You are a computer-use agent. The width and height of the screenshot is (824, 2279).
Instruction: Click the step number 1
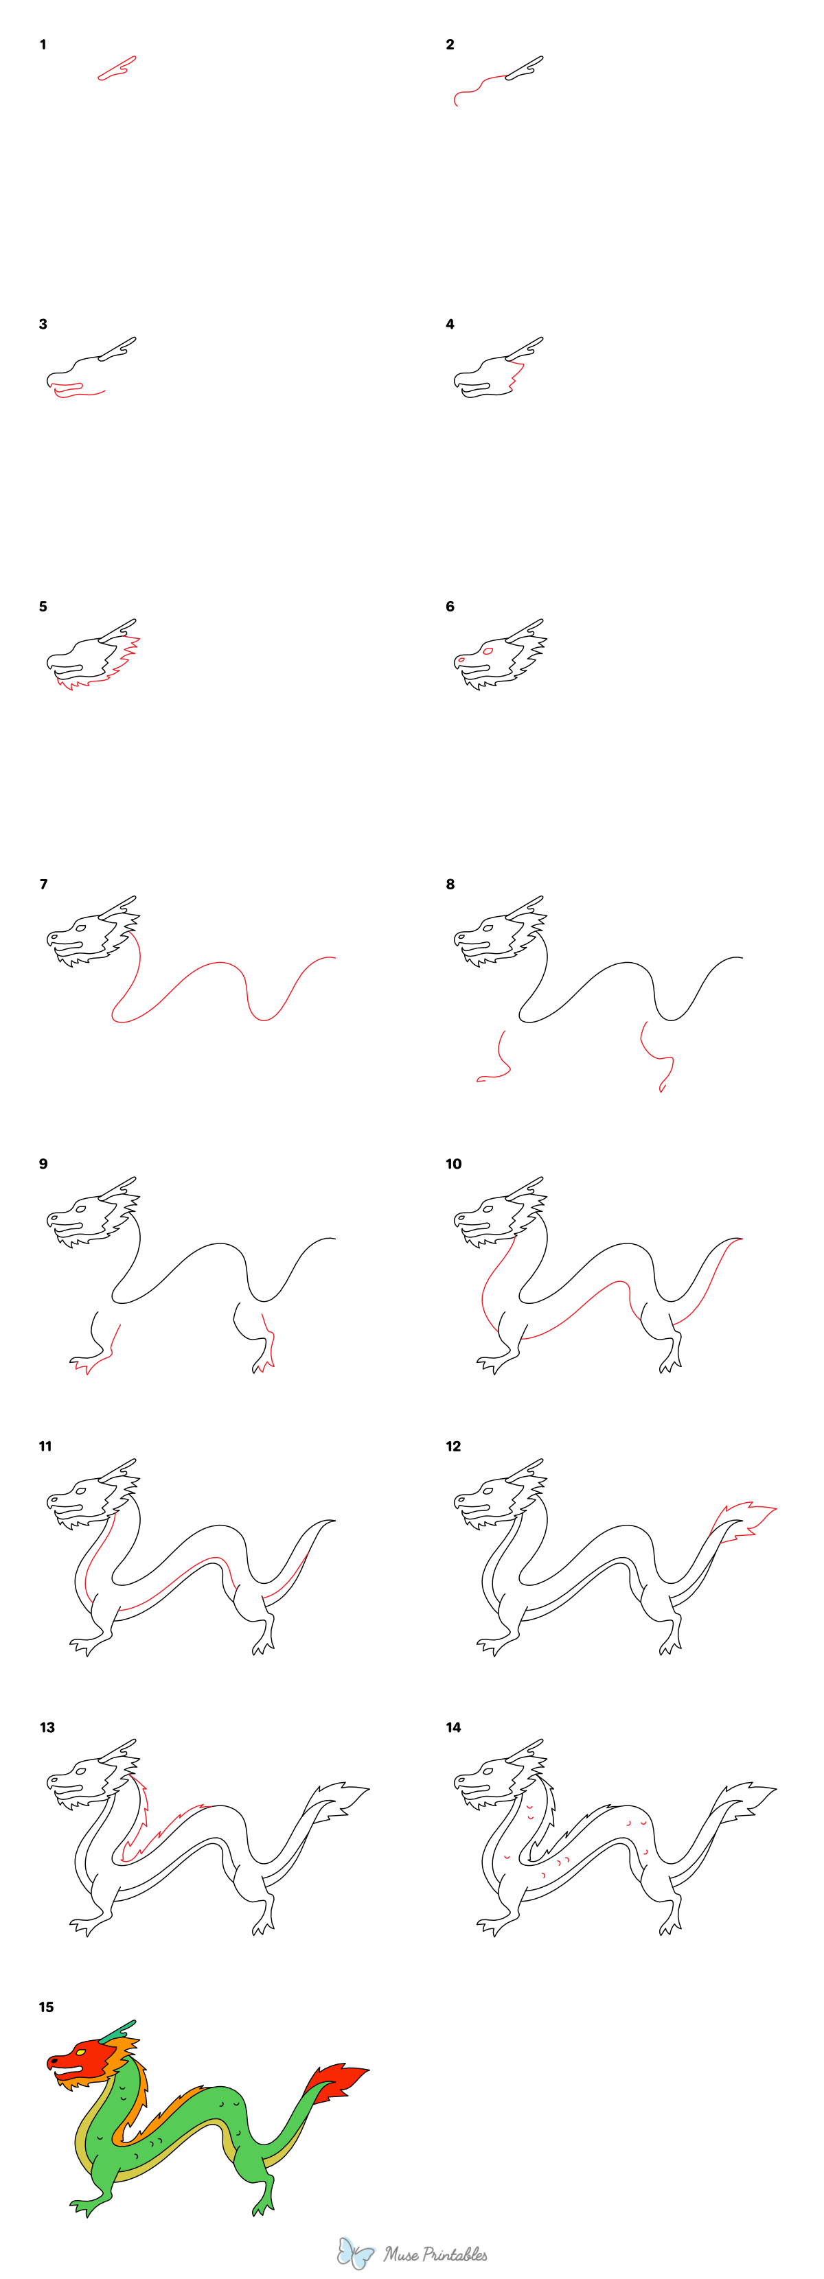click(43, 44)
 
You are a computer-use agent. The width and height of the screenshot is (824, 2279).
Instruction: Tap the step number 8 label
click(450, 884)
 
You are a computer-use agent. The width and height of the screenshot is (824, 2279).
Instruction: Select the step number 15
click(46, 2007)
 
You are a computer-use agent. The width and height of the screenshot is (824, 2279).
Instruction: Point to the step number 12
click(453, 1446)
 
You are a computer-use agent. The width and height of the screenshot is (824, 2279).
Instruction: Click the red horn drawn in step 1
click(117, 68)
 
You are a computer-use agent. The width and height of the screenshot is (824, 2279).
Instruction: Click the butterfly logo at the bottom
click(356, 2252)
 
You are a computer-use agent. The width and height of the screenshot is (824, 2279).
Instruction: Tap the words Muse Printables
click(435, 2254)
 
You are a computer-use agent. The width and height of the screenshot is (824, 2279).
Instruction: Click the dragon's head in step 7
click(84, 934)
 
